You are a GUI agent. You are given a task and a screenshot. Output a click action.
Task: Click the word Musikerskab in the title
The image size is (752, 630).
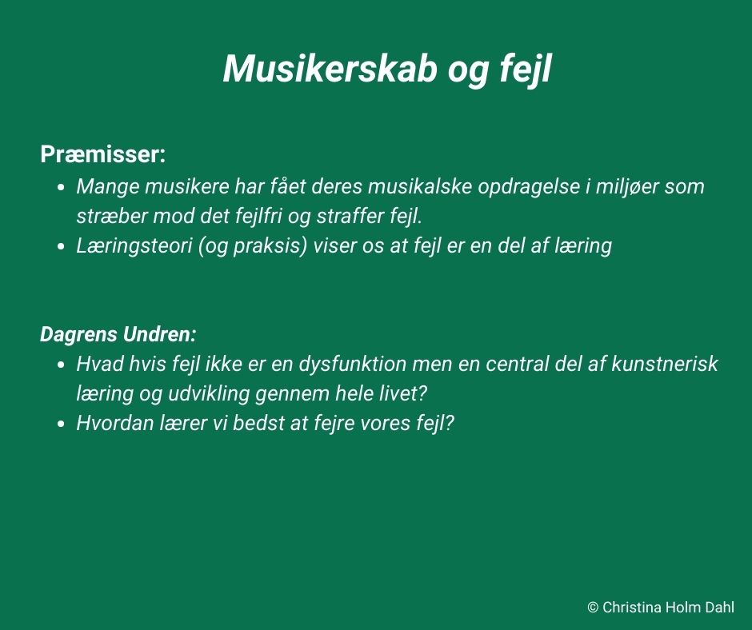(330, 69)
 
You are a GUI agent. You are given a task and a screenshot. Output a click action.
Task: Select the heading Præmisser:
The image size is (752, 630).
(102, 154)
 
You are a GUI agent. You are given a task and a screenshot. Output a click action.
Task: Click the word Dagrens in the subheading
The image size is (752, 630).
(78, 335)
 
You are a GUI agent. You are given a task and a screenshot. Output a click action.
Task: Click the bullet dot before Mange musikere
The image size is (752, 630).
(61, 187)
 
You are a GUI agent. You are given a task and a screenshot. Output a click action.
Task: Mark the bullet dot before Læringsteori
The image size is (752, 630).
(61, 246)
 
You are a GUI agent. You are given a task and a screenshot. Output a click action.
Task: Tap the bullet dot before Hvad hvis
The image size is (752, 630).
(61, 365)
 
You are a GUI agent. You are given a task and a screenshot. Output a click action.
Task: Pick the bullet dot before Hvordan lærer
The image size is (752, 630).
(61, 425)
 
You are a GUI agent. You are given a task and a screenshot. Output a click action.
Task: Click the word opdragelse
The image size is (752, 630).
(528, 187)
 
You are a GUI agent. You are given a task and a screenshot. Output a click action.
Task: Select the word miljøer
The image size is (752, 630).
(622, 187)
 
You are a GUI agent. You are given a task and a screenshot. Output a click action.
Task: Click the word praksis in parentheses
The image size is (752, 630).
(270, 246)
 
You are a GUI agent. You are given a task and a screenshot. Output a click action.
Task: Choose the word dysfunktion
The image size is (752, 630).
(353, 364)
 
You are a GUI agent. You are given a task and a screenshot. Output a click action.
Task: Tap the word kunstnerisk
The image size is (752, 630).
(665, 364)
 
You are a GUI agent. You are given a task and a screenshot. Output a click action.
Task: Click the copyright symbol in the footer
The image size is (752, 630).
(593, 608)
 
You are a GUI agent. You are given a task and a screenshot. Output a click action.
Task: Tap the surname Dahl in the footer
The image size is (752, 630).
(719, 608)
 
